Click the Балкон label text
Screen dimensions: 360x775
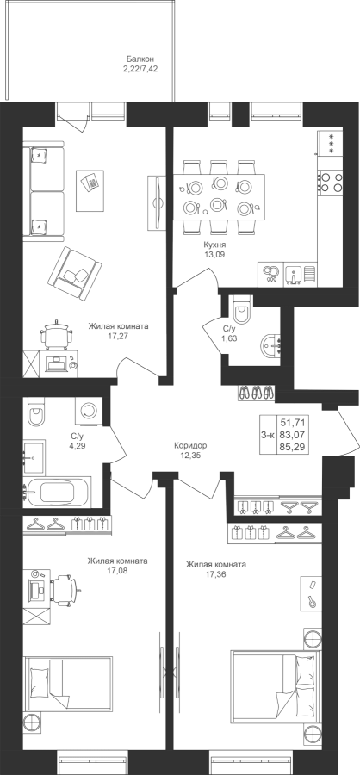[136, 59]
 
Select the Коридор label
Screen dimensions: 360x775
[190, 445]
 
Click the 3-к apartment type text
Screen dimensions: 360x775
[268, 435]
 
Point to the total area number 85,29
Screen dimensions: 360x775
[292, 447]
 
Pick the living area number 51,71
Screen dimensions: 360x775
[292, 422]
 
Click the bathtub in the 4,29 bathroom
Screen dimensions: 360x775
[57, 493]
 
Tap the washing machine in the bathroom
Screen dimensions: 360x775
[90, 411]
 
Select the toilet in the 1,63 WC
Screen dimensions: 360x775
[243, 310]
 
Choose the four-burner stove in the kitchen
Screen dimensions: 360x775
[331, 181]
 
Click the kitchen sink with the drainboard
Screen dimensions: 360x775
[301, 275]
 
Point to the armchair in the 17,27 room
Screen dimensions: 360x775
[74, 273]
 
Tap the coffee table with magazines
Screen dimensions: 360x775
[90, 183]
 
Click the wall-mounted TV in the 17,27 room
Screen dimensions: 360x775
[157, 202]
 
